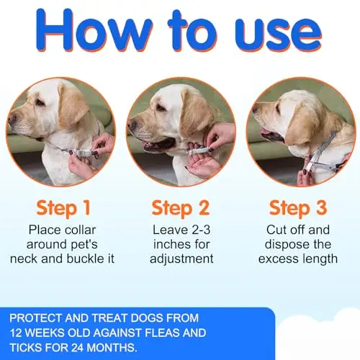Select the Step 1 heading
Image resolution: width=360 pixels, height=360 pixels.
[x=63, y=208]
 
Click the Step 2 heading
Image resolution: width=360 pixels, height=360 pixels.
[x=181, y=208]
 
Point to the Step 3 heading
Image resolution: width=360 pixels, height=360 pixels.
[x=298, y=208]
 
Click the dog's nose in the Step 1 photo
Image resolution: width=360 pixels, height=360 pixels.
[x=12, y=117]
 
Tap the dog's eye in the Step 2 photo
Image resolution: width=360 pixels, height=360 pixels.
[x=161, y=107]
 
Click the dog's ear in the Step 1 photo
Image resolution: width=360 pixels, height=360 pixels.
[x=72, y=106]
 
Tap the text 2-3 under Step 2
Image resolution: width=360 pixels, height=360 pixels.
[x=198, y=230]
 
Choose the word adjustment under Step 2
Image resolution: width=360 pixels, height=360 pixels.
[x=181, y=259]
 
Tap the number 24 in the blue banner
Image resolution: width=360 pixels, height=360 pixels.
[x=78, y=347]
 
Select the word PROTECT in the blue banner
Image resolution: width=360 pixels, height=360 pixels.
[x=36, y=318]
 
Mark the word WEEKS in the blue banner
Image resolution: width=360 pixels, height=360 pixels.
[x=45, y=333]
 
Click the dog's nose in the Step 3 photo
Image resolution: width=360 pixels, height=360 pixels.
[x=255, y=110]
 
